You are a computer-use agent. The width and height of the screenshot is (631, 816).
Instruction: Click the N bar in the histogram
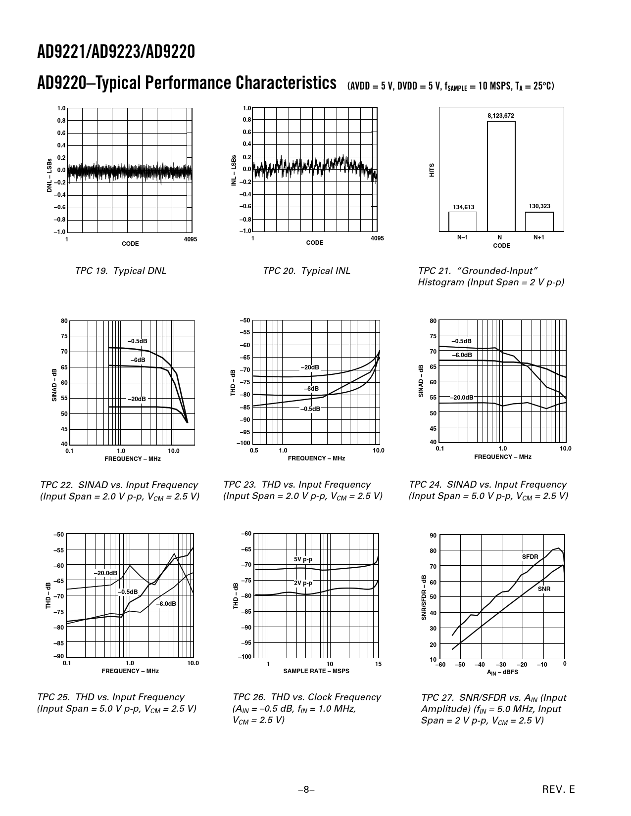tap(501, 176)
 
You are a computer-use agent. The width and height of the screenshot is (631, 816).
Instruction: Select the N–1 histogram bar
tap(463, 222)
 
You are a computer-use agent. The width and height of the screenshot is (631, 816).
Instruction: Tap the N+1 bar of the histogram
tap(539, 222)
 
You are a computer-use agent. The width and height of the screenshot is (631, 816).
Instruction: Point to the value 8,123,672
tap(501, 116)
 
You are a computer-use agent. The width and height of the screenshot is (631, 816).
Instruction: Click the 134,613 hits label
tap(463, 207)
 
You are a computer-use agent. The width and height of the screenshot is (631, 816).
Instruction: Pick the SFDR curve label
tap(530, 557)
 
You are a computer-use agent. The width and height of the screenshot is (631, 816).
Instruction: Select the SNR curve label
tap(544, 589)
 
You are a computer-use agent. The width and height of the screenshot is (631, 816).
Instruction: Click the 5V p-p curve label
tap(303, 559)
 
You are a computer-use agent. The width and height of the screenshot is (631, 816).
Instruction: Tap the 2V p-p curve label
tap(303, 583)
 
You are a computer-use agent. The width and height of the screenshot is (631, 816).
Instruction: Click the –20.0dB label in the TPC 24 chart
tap(461, 398)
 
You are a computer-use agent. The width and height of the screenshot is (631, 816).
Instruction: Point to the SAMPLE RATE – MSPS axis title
tap(316, 671)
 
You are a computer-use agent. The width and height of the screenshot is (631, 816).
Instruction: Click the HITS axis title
tap(432, 170)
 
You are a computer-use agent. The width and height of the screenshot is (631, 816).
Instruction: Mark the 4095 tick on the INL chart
tap(377, 238)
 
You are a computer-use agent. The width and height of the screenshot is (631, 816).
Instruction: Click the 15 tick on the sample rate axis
tap(378, 664)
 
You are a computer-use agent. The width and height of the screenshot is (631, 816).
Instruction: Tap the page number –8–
tap(306, 790)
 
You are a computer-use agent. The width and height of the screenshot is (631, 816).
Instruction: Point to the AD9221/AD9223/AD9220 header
tap(116, 52)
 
